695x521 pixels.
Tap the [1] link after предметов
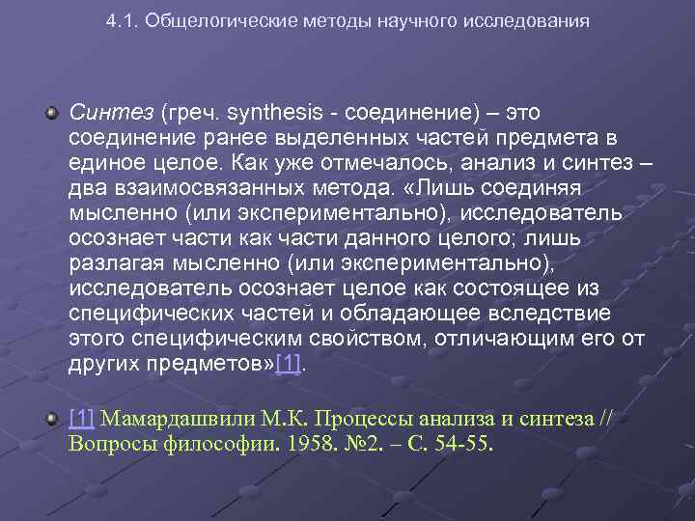click(x=289, y=365)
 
